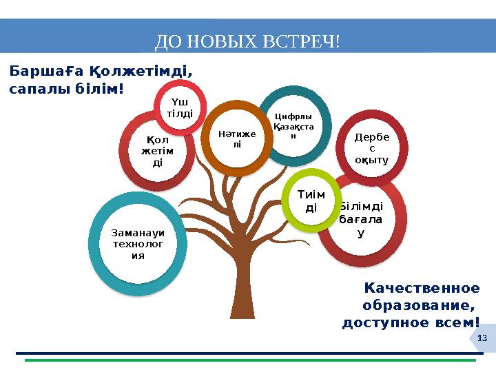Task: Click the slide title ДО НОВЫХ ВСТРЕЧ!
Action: (x=247, y=42)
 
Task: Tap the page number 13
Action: (x=482, y=338)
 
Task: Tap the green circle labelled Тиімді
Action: (x=311, y=200)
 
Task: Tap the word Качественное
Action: (x=421, y=288)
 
